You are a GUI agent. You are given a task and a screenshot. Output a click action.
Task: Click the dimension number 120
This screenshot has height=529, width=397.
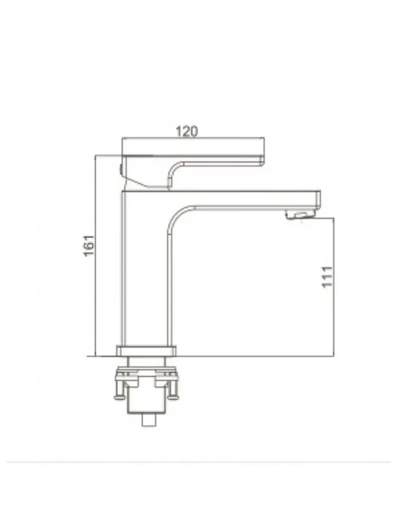[x=187, y=131]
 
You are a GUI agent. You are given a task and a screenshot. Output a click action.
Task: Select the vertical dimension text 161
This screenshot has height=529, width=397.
[x=89, y=246]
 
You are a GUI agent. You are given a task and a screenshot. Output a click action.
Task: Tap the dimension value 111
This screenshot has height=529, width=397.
[x=327, y=277]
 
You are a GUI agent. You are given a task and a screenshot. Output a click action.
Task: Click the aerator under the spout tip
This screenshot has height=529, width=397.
[x=299, y=215]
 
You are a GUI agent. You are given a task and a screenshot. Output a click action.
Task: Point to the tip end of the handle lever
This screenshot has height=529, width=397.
[x=262, y=161]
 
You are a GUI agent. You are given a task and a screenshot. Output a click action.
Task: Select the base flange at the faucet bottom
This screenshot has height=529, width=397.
[x=147, y=351]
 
